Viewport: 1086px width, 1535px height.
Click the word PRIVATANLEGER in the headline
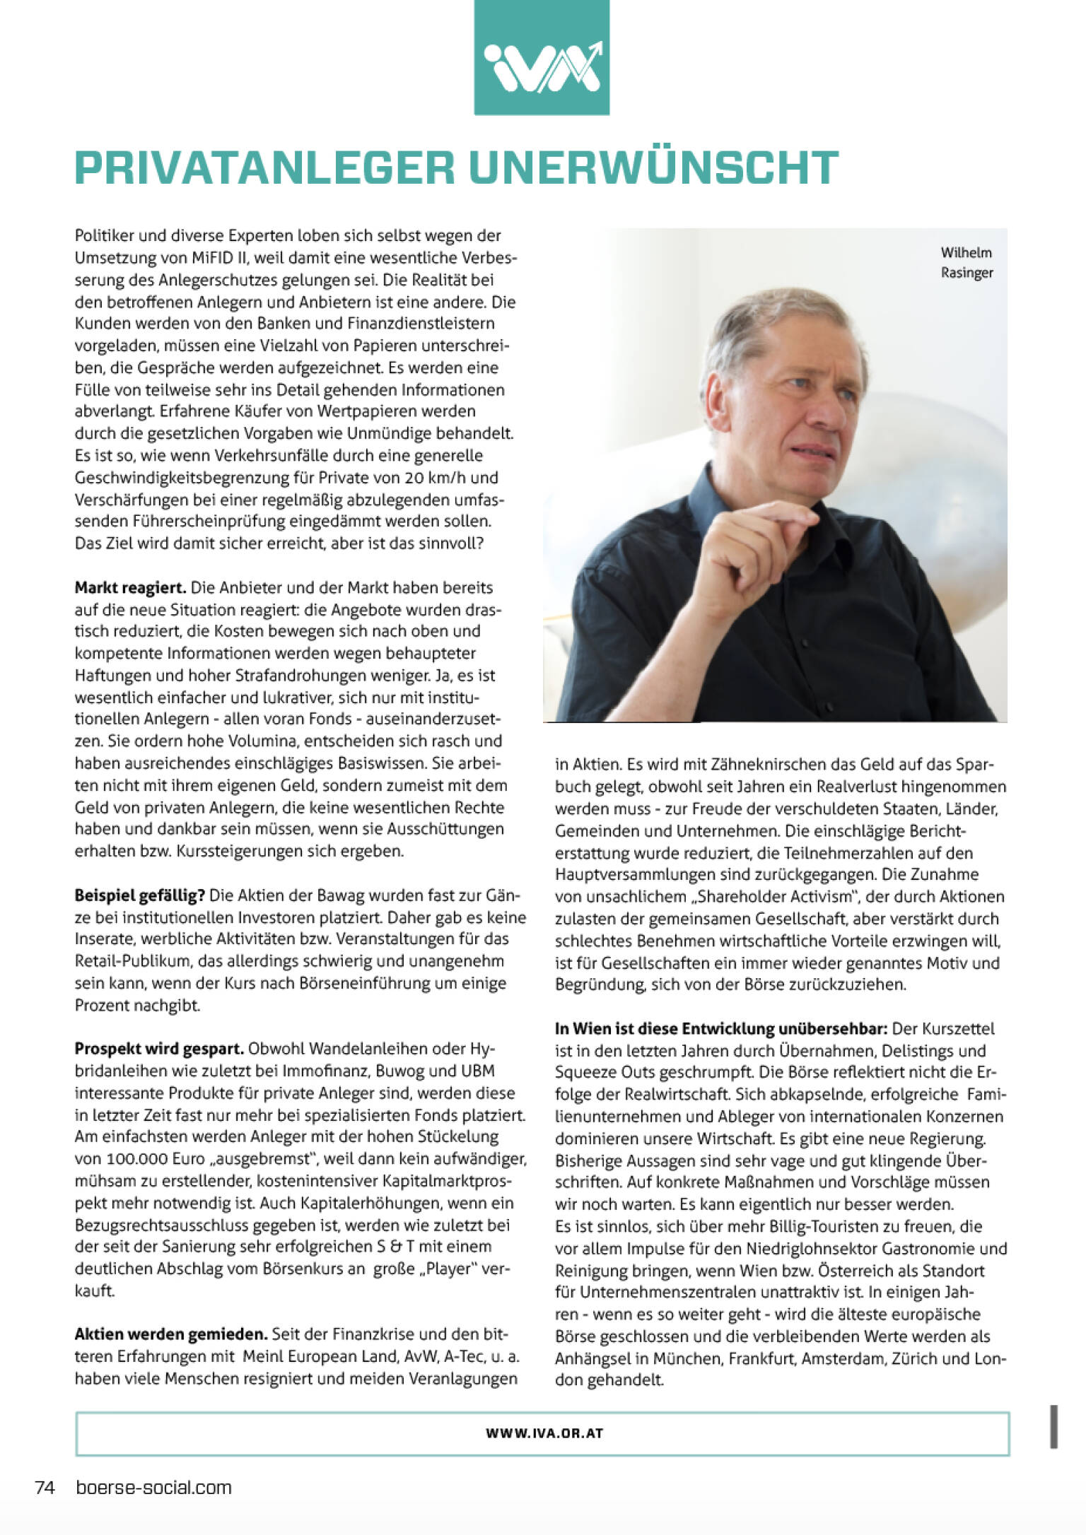(x=264, y=167)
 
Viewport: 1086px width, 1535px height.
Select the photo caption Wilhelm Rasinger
(x=966, y=262)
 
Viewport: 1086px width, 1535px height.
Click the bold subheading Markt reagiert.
(x=130, y=588)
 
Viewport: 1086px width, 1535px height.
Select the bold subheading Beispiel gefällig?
(x=139, y=896)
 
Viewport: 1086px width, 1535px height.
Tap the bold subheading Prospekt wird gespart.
(x=159, y=1049)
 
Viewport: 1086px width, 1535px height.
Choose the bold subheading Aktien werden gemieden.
(x=171, y=1334)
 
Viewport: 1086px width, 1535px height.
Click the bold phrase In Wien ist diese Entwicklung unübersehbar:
(x=720, y=1029)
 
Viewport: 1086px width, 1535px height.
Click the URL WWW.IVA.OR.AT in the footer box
(x=544, y=1434)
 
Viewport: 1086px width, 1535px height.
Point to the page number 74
(x=45, y=1488)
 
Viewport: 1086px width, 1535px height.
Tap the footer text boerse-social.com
(x=153, y=1488)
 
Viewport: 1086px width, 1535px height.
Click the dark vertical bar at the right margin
(x=1053, y=1426)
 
